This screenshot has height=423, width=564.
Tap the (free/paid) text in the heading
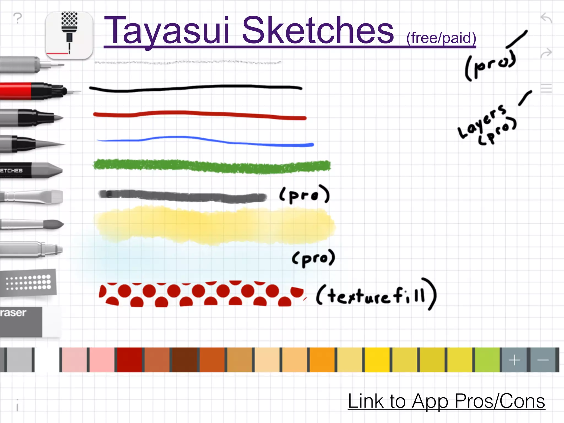pos(441,38)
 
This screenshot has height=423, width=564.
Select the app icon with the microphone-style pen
pos(69,35)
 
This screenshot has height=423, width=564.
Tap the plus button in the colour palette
pos(514,360)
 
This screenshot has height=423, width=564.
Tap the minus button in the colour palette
pos(543,360)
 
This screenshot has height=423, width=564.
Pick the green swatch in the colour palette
pos(487,360)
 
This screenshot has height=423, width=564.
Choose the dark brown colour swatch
pos(185,360)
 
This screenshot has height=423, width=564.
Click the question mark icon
pos(18,18)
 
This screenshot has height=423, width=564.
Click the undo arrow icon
pos(546,18)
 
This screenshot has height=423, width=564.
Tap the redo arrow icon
pos(546,53)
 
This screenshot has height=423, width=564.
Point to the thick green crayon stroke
pos(212,166)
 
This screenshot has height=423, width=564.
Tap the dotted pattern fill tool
pos(28,283)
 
